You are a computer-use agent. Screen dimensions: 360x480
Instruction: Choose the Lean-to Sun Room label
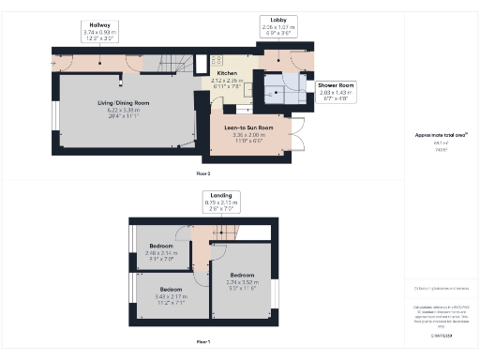point(248,127)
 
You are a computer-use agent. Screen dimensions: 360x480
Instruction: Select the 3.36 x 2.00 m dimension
point(248,134)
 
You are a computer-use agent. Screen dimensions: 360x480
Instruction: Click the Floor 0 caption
point(202,173)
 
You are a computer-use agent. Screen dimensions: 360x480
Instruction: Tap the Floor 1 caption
point(202,341)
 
